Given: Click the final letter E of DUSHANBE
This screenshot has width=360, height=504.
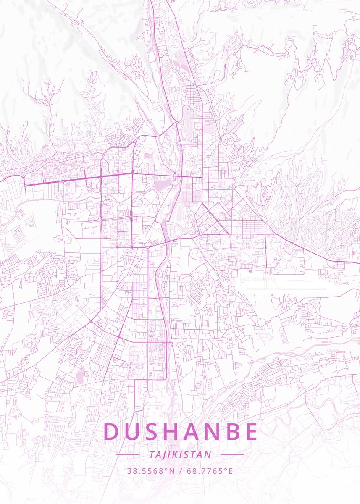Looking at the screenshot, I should click(251, 432).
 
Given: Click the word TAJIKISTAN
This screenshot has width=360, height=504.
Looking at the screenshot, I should click(180, 454).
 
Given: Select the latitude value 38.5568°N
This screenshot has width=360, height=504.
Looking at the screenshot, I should click(151, 471).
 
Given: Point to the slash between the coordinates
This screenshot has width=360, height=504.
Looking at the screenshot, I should click(180, 471).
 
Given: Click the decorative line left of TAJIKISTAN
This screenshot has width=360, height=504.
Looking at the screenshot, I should click(127, 454).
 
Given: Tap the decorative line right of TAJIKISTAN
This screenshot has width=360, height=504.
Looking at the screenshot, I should click(232, 454).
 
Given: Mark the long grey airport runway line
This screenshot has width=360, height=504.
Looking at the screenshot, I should click(286, 289).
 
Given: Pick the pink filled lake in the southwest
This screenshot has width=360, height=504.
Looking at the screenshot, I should click(80, 377).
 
